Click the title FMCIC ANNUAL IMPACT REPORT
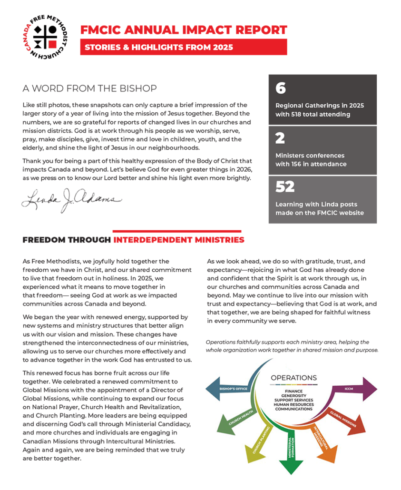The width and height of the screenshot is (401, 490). pyautogui.click(x=184, y=30)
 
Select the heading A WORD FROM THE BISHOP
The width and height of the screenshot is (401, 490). pyautogui.click(x=89, y=89)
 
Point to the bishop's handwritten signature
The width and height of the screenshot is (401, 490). pyautogui.click(x=71, y=198)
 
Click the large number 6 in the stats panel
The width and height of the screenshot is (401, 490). pyautogui.click(x=281, y=88)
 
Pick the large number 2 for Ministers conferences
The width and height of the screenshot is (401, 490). pyautogui.click(x=280, y=138)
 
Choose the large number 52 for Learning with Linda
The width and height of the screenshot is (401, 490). pyautogui.click(x=285, y=187)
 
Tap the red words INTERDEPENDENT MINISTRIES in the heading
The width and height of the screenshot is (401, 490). pyautogui.click(x=179, y=240)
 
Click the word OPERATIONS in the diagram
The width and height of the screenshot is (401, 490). pyautogui.click(x=293, y=378)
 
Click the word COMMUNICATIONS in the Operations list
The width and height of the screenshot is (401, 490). pyautogui.click(x=293, y=409)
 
